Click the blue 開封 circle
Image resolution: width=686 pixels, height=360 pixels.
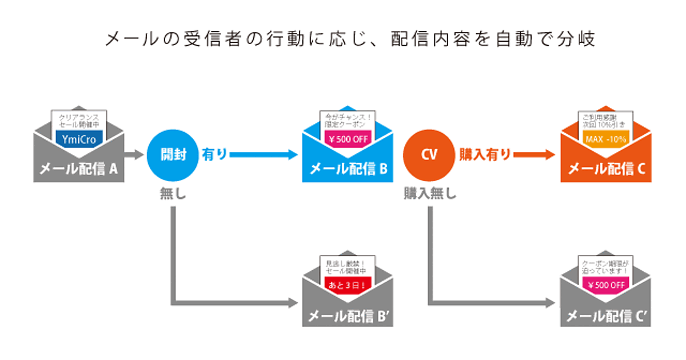coord(173,154)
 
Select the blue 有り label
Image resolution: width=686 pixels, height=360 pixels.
coord(215,154)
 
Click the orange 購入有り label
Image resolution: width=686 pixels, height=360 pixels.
coord(485,154)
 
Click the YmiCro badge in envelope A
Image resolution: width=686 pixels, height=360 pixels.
coord(79,138)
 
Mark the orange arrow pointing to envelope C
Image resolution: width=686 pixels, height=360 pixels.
coord(535,154)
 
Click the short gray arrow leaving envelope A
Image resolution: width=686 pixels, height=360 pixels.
coord(134,154)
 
